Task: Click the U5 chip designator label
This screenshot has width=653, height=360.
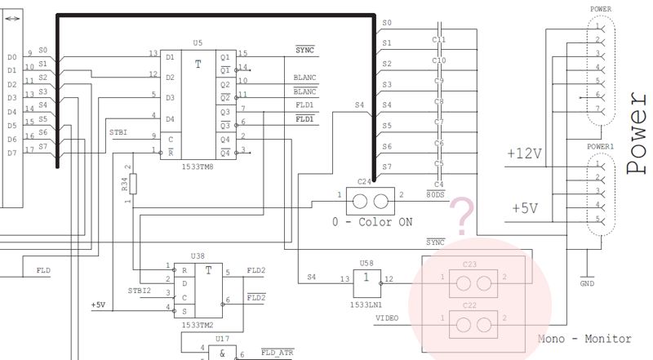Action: [x=197, y=41]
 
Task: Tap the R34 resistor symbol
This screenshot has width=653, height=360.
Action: [x=132, y=184]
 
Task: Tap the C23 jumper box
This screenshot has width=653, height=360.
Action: [x=473, y=282]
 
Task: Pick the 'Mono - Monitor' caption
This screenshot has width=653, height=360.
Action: [x=584, y=339]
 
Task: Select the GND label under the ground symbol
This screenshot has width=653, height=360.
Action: [x=586, y=284]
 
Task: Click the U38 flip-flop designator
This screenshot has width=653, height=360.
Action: [x=197, y=256]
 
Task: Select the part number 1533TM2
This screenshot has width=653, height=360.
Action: [x=197, y=325]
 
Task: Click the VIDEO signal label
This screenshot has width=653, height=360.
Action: [x=387, y=317]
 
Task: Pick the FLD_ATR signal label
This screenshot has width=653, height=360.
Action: [x=277, y=352]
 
